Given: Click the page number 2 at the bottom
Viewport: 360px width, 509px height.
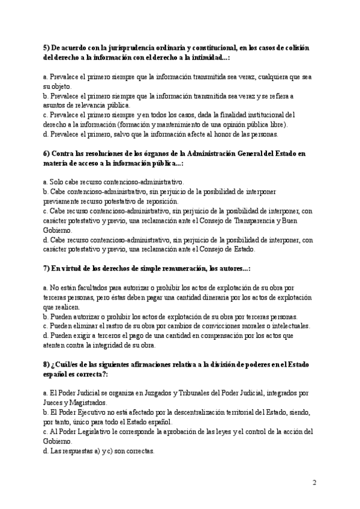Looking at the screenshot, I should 314,482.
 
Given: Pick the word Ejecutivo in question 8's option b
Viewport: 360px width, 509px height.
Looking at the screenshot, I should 95,412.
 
